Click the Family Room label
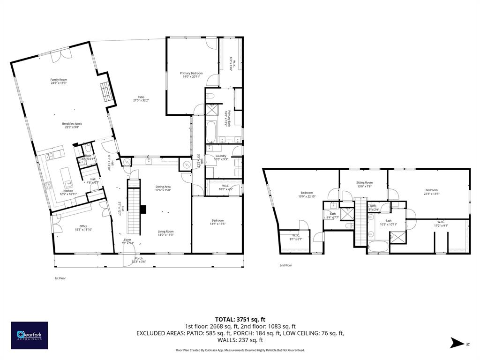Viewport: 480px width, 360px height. point(59,80)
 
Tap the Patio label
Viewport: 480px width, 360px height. point(141,97)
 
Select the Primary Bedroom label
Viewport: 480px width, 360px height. point(192,73)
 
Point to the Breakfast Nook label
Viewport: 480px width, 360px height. point(72,124)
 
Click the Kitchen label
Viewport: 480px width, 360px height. point(68,191)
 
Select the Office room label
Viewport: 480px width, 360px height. point(83,226)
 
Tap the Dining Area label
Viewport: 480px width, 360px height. point(163,187)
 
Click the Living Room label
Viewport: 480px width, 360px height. point(165,231)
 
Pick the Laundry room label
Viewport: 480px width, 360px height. point(221,156)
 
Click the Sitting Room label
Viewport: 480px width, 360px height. point(364,182)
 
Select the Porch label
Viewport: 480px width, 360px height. point(139,258)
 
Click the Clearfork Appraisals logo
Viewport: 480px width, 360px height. point(30,335)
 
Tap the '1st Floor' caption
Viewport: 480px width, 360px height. point(60,278)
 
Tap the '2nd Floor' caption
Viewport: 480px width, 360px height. point(285,265)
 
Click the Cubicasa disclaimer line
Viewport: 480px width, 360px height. point(240,350)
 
